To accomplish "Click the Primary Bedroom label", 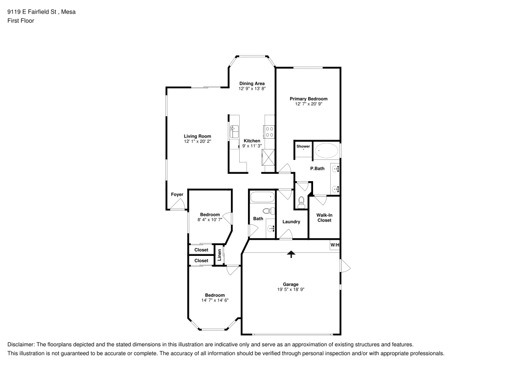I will coord(308,99).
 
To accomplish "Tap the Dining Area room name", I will coord(252,83).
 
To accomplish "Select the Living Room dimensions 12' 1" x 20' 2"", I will coord(197,141).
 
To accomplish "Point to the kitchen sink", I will coord(233,131).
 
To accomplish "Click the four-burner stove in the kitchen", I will coord(270,132).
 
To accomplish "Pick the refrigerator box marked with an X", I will coord(269,157).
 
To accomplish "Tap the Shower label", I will coord(303,146).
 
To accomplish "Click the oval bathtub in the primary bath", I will coord(327,151).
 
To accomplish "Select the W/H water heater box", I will coord(334,245).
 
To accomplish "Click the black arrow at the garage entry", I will coord(291,254).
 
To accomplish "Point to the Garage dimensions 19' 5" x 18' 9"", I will coord(291,289).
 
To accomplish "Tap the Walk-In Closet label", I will coord(324,217).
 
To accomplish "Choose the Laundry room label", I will coord(291,222).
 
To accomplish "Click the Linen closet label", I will coord(220,255).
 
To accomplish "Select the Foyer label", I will coord(177,195).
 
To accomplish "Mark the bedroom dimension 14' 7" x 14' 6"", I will coord(215,300).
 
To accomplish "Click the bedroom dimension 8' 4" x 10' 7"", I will coord(210,220).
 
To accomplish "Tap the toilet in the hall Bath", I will coord(268,211).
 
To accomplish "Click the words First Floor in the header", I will coord(21,21).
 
